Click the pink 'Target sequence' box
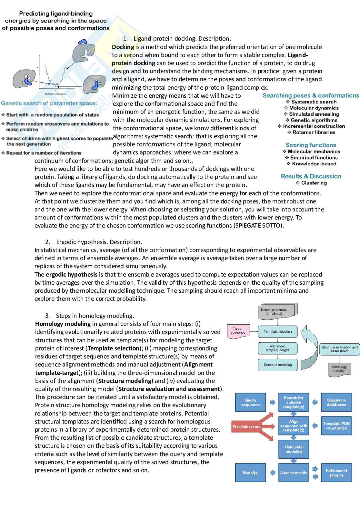[x=238, y=331]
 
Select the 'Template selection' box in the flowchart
[x=277, y=331]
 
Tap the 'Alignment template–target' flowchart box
[x=277, y=348]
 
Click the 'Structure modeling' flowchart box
[x=277, y=365]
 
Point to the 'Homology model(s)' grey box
[x=339, y=369]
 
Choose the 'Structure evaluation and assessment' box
[x=339, y=349]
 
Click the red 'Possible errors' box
[x=246, y=426]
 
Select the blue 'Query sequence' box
[x=250, y=402]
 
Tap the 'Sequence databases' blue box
[x=336, y=402]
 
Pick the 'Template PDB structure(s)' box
[x=336, y=426]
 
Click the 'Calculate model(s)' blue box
[x=294, y=449]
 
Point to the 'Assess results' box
[x=294, y=473]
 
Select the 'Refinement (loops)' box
[x=336, y=473]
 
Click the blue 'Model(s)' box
[x=250, y=473]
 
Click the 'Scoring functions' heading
[x=311, y=145]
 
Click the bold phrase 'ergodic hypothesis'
[x=71, y=274]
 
